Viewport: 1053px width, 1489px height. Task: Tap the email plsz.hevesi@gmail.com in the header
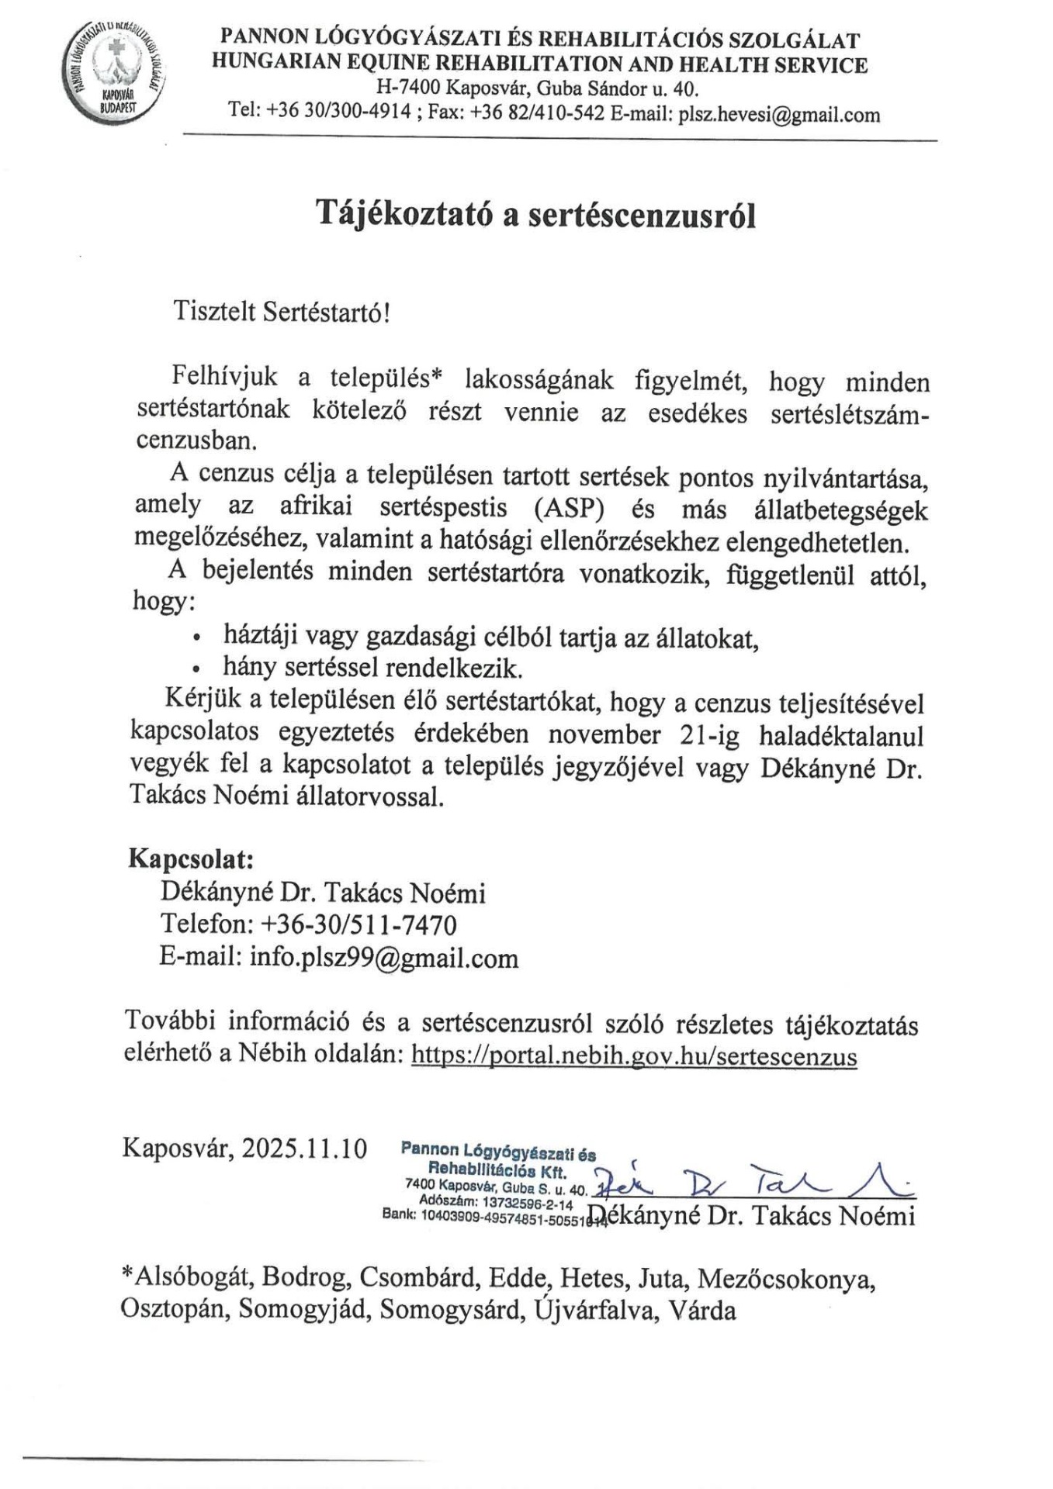point(779,115)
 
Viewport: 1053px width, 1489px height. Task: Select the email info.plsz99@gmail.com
point(383,958)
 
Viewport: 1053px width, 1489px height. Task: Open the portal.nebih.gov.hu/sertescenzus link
point(633,1056)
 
